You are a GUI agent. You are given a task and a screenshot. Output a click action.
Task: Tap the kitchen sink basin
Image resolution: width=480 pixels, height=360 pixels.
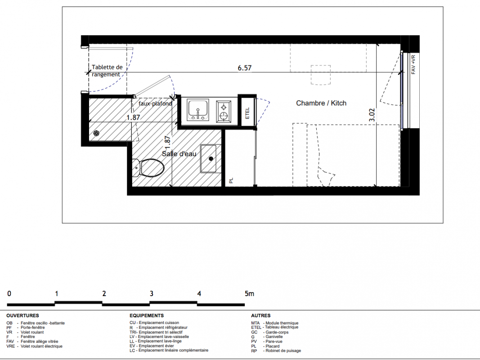pos(198,109)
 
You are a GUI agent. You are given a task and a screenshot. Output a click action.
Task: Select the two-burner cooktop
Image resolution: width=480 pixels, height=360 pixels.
pos(224,112)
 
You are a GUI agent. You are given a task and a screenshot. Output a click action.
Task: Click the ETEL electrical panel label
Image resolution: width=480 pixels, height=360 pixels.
pos(247,113)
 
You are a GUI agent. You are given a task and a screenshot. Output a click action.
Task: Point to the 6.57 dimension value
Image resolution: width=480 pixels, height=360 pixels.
pos(245,67)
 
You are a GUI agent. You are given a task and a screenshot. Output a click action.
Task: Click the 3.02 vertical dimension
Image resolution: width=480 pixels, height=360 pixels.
pos(372,115)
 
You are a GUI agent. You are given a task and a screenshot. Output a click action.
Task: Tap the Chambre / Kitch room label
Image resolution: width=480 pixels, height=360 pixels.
pos(321,103)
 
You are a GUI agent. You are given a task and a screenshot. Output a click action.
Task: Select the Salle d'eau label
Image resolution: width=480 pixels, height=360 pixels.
pos(179,153)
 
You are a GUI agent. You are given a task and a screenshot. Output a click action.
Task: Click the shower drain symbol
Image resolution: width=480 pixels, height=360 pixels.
pos(96,133)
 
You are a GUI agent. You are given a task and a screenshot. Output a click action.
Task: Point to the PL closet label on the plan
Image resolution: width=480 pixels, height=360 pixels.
pos(231,180)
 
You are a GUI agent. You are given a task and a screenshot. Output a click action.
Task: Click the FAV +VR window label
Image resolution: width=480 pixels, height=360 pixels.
pos(413,64)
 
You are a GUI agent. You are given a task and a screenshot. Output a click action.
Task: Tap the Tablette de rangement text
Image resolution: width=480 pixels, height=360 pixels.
pos(107,71)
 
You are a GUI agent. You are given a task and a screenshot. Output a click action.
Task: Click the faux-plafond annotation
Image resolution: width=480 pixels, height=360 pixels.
pos(155,103)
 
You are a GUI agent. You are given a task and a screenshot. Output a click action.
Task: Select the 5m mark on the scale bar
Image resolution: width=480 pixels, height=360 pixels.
pos(249,293)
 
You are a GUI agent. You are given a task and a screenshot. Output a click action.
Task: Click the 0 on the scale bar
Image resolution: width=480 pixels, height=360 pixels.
pos(9,293)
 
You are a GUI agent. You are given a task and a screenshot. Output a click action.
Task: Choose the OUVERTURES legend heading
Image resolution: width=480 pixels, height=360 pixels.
pos(22,315)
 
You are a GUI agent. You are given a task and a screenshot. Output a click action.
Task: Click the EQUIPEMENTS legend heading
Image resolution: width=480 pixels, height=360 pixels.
pos(147,315)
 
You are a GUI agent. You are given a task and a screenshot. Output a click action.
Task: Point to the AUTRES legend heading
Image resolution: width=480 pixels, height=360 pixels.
pos(261,315)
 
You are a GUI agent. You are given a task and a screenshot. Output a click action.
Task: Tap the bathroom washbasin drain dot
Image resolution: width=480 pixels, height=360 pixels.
pos(211,158)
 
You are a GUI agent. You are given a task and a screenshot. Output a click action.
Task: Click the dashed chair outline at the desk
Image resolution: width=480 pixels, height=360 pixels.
pos(321,75)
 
